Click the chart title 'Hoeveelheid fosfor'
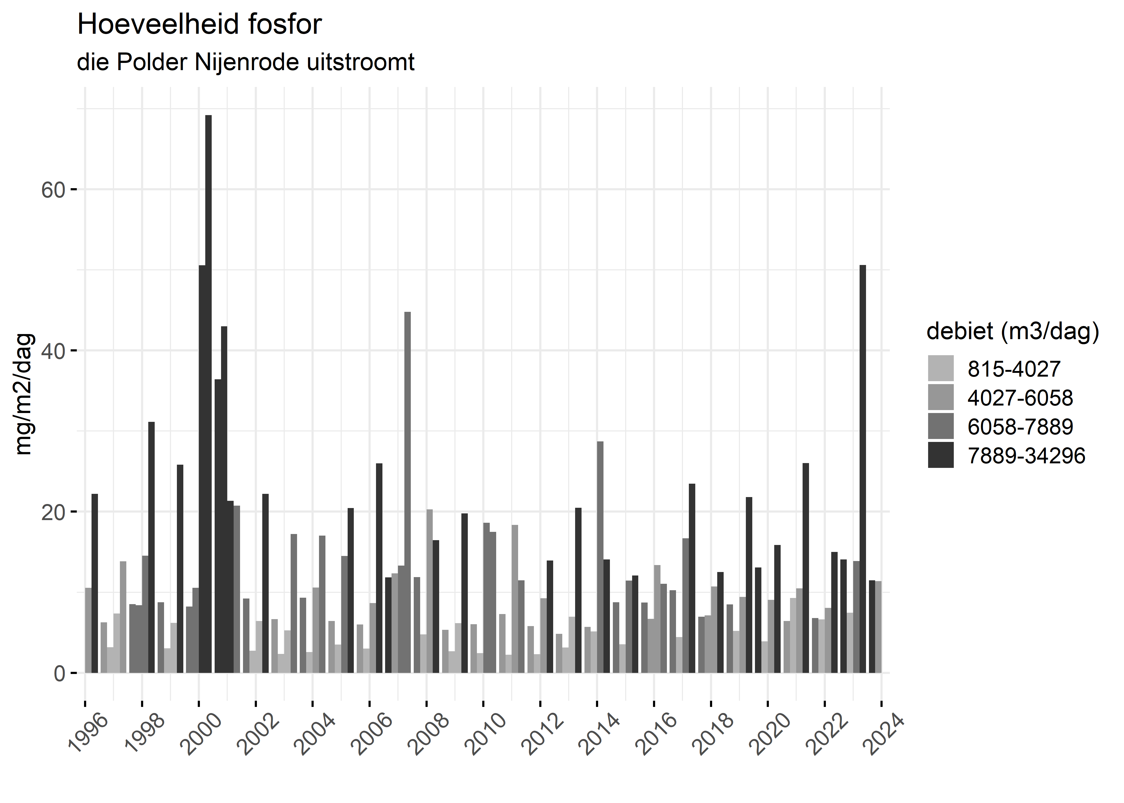[199, 25]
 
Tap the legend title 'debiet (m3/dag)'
[1013, 331]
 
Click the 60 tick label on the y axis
[53, 190]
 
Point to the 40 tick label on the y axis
[53, 351]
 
